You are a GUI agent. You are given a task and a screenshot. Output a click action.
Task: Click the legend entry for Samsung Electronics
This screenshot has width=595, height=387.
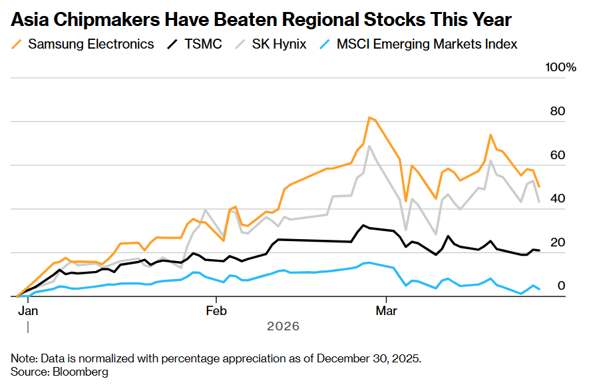click(91, 45)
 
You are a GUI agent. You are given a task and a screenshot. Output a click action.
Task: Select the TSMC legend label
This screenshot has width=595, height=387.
click(203, 45)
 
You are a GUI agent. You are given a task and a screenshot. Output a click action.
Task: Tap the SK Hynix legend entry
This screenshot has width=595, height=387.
click(279, 45)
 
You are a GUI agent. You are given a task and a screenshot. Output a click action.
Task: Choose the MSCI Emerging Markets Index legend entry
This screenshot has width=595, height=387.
click(427, 45)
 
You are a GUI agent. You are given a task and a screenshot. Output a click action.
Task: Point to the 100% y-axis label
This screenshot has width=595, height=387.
click(560, 68)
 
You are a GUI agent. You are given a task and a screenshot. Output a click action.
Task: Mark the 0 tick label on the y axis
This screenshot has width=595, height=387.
click(561, 286)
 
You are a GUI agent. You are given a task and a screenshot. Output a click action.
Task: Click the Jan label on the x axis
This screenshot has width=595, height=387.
click(27, 310)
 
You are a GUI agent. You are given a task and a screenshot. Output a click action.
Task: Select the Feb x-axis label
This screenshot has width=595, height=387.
click(216, 310)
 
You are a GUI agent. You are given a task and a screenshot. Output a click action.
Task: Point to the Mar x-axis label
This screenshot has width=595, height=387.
click(387, 310)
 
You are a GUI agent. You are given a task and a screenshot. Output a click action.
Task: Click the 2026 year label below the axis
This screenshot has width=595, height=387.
click(283, 326)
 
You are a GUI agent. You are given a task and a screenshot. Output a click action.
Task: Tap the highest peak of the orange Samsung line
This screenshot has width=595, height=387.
click(369, 118)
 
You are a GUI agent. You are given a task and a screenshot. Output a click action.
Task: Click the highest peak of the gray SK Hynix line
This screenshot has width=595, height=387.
click(369, 146)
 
